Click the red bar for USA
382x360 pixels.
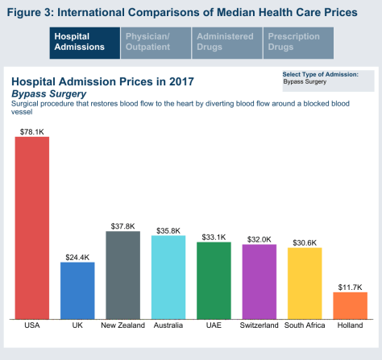pos(32,227)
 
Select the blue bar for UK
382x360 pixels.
pos(77,290)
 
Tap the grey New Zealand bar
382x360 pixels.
pos(122,275)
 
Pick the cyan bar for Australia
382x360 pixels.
pos(168,277)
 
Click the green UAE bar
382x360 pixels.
pos(214,280)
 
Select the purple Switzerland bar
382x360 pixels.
pos(260,281)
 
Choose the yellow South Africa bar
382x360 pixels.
pos(305,283)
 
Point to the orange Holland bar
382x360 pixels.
pos(350,304)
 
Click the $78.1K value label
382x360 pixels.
pos(32,130)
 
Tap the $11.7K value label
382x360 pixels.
pos(350,286)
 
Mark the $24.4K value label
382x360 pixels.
pos(77,257)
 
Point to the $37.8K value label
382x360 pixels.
pos(122,226)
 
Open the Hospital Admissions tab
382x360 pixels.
pos(85,42)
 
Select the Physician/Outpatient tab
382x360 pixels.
pos(156,42)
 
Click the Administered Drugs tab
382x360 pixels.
pos(227,42)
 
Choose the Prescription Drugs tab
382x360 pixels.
pos(298,42)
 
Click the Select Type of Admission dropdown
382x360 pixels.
pos(326,81)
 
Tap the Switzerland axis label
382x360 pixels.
pos(260,325)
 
